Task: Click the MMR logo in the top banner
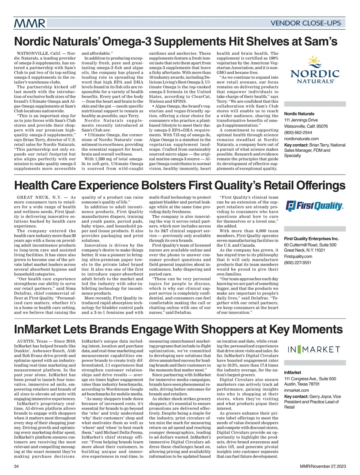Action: (x=29, y=23)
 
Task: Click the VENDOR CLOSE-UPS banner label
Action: (x=306, y=23)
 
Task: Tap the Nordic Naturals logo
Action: (x=315, y=70)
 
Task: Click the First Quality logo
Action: (x=314, y=206)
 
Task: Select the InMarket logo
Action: (x=314, y=349)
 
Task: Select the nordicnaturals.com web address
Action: (x=301, y=139)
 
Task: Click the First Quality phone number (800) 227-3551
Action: (x=298, y=263)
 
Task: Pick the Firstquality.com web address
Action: (x=298, y=256)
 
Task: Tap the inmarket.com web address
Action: (x=296, y=390)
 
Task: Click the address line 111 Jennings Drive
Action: (x=301, y=120)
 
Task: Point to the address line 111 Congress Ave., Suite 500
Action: (x=310, y=379)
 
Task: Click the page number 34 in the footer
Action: (x=16, y=466)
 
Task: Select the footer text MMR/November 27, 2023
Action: (x=323, y=466)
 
